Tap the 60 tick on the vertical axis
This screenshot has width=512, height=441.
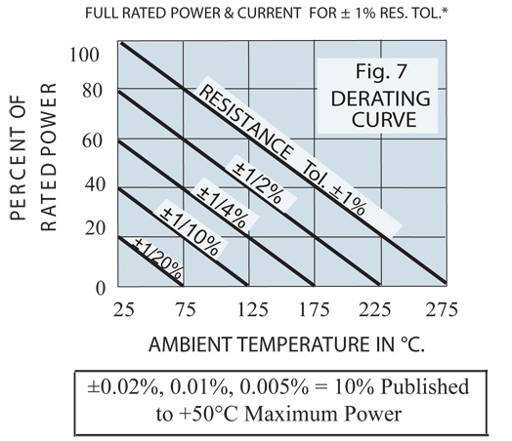(91, 141)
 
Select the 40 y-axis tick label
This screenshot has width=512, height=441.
(91, 185)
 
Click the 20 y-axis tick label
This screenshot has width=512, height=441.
(91, 228)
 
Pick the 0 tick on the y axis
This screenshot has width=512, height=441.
(98, 288)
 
